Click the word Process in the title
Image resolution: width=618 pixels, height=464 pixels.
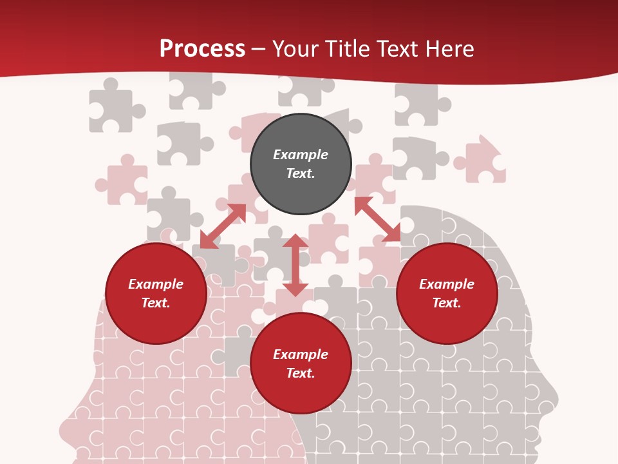pos(202,49)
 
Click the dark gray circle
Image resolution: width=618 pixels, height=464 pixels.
pos(301,164)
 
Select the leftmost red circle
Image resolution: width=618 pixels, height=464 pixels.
pos(156,294)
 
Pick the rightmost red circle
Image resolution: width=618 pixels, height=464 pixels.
pos(447,294)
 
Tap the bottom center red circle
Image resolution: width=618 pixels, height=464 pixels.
pos(301,363)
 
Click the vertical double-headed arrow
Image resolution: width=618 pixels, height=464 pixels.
pos(295,265)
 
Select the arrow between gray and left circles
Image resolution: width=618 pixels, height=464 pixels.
pos(223,226)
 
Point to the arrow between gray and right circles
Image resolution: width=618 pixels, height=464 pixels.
pos(377,219)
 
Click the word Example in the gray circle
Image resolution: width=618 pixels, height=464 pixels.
pos(301,155)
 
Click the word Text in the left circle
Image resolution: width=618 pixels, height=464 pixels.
pos(156,303)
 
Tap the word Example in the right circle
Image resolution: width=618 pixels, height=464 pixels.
pos(447,284)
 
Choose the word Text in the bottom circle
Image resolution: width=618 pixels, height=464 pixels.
pos(301,373)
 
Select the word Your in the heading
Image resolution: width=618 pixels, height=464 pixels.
pos(294,49)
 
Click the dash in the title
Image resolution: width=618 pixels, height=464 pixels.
pos(258,49)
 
